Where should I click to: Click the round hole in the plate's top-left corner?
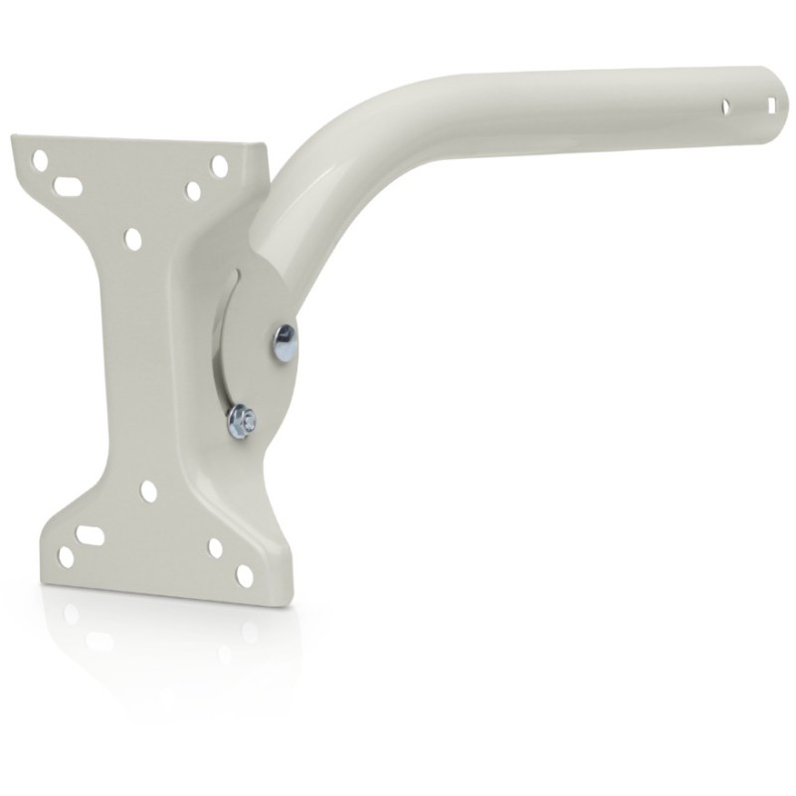point(39,159)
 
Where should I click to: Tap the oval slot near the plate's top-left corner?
point(67,186)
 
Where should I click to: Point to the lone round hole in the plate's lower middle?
point(148,491)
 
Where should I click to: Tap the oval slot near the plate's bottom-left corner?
point(92,536)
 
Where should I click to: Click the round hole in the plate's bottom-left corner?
point(66,557)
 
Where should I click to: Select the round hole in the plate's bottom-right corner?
point(243,576)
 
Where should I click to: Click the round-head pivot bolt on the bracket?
point(284,343)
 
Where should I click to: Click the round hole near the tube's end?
point(729,102)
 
